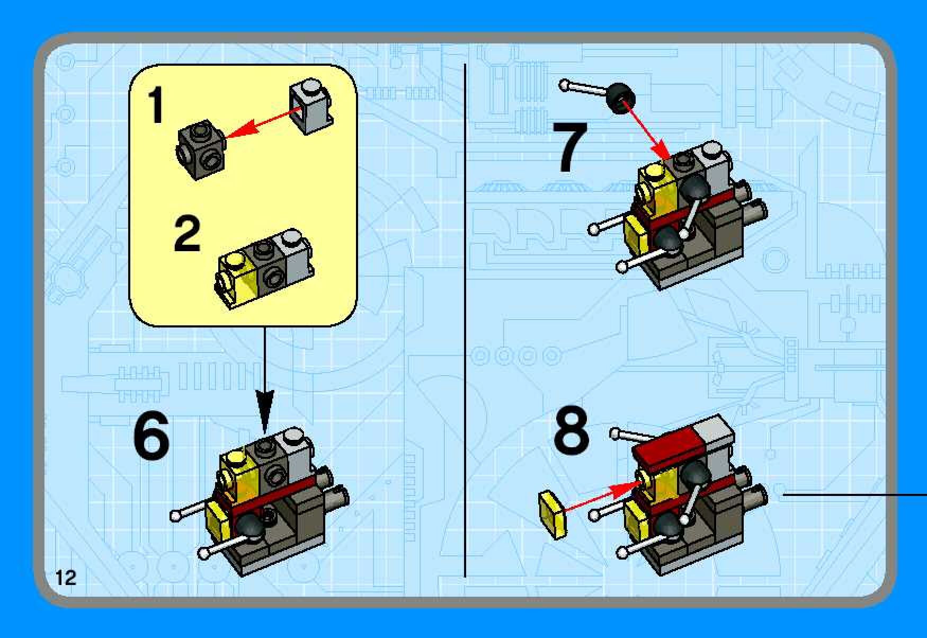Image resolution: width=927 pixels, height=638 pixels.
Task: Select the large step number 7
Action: pyautogui.click(x=571, y=147)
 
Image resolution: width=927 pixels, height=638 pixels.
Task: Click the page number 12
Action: pyautogui.click(x=66, y=577)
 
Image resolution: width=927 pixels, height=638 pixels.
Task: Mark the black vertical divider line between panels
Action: pyautogui.click(x=465, y=321)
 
